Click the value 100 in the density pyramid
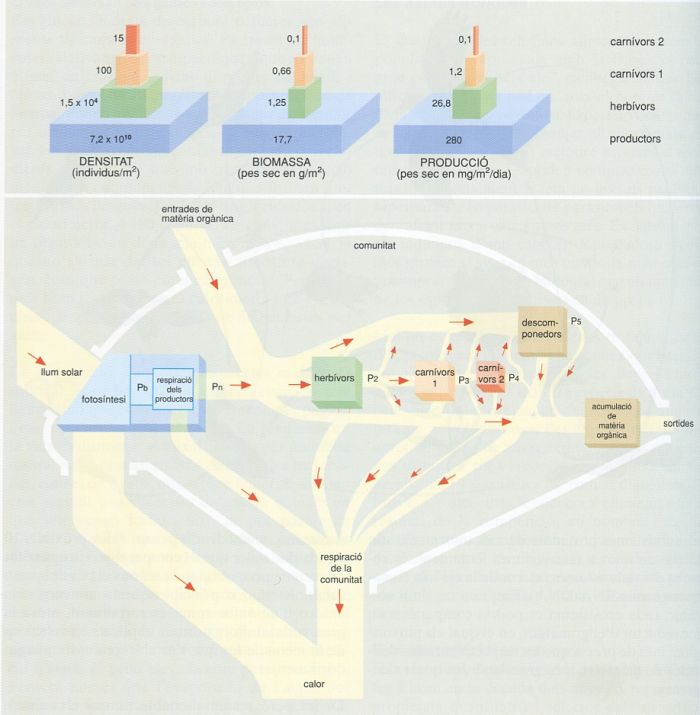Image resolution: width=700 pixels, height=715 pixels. pyautogui.click(x=104, y=70)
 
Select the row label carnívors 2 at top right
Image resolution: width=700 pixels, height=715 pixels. pyautogui.click(x=636, y=41)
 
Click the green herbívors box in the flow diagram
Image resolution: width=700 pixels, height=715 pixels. pyautogui.click(x=335, y=382)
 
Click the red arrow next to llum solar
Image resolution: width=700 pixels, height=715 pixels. pyautogui.click(x=38, y=357)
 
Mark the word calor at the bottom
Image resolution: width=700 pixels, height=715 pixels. pyautogui.click(x=313, y=685)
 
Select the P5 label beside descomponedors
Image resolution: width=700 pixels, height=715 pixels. pyautogui.click(x=575, y=323)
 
